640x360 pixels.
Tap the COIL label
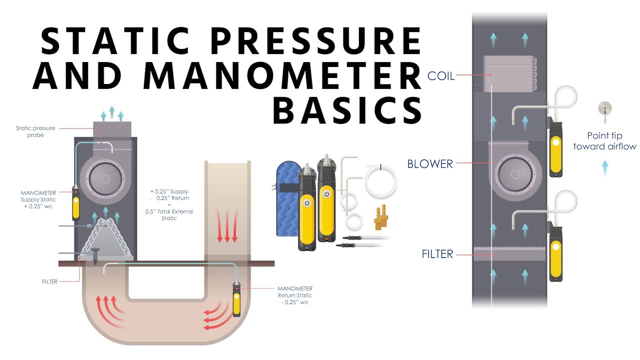coord(440,76)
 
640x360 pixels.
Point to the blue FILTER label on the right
coord(437,254)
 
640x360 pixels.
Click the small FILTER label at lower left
coord(49,281)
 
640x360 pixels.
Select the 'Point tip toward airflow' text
coord(604,141)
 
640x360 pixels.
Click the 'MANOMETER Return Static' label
coord(295,295)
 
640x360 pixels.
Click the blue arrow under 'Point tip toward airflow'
coord(605,166)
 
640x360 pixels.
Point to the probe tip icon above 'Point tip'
coord(605,110)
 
